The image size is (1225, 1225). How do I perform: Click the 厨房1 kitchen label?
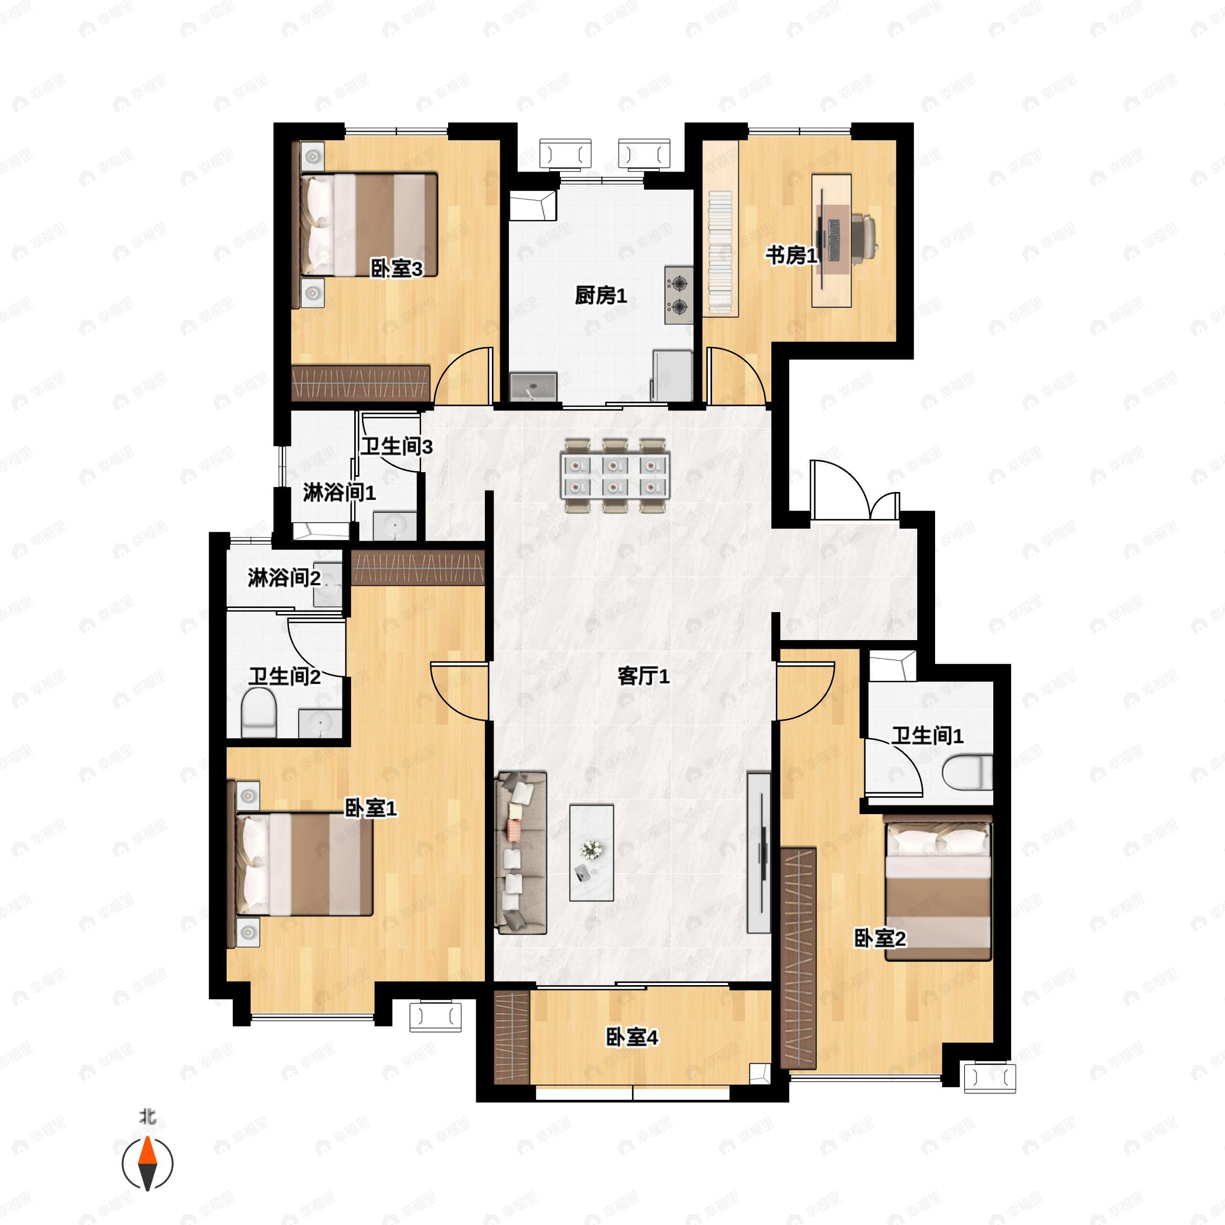coord(600,296)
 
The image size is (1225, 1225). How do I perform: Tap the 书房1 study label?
coord(791,256)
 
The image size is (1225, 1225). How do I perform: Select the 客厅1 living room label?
coord(644,676)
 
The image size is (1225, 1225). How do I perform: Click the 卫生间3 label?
coord(397,447)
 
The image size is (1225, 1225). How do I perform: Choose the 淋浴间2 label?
coord(284,578)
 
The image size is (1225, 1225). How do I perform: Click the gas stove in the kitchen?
coord(679,295)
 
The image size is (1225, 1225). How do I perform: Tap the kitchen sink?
coord(533,387)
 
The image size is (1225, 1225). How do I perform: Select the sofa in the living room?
coord(521,853)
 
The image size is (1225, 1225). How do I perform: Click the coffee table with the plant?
coord(591,853)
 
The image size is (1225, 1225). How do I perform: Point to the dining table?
coord(615,475)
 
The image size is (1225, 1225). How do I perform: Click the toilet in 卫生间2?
coord(259,713)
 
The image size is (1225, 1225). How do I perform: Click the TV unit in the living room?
coord(759,853)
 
